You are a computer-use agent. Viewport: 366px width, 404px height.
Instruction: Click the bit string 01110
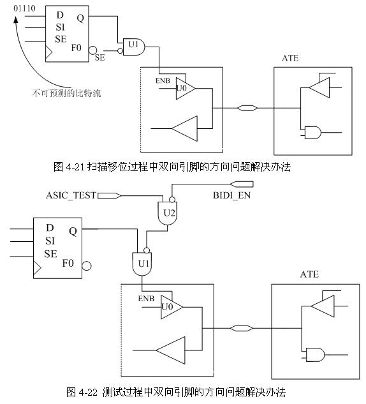coord(24,8)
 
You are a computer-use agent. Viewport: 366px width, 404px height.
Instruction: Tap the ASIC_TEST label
coord(71,195)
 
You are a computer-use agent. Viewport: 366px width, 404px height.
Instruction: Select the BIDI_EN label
coord(231,195)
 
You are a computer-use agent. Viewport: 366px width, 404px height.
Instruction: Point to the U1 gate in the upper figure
coord(134,47)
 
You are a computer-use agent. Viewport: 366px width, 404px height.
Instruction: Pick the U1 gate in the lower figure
coord(142,264)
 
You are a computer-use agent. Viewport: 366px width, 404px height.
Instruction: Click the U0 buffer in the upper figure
coord(186,88)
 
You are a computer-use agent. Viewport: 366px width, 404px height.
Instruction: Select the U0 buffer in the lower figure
coord(172,307)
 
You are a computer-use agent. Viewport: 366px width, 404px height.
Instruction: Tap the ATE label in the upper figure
coord(290,58)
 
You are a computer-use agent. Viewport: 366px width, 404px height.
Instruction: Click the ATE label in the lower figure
coord(309,274)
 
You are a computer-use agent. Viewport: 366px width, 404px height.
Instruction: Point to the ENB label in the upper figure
coord(163,81)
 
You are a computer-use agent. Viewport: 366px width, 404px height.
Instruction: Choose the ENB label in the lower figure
coord(146,299)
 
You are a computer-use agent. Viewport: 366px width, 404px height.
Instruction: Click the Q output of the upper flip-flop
coord(80,18)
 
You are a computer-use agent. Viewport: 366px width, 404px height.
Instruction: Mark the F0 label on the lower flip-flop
coord(68,263)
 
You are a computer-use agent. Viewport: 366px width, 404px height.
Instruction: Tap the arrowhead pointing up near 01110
coord(16,20)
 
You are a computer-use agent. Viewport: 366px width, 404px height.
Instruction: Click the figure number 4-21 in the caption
coord(75,167)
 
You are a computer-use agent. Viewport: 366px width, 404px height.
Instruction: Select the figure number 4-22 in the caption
coord(88,393)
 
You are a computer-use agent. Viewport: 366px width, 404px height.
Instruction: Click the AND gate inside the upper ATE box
coord(312,133)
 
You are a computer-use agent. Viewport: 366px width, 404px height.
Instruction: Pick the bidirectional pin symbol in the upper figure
coord(247,108)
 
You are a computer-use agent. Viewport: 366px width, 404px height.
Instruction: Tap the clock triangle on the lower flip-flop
coord(38,268)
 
